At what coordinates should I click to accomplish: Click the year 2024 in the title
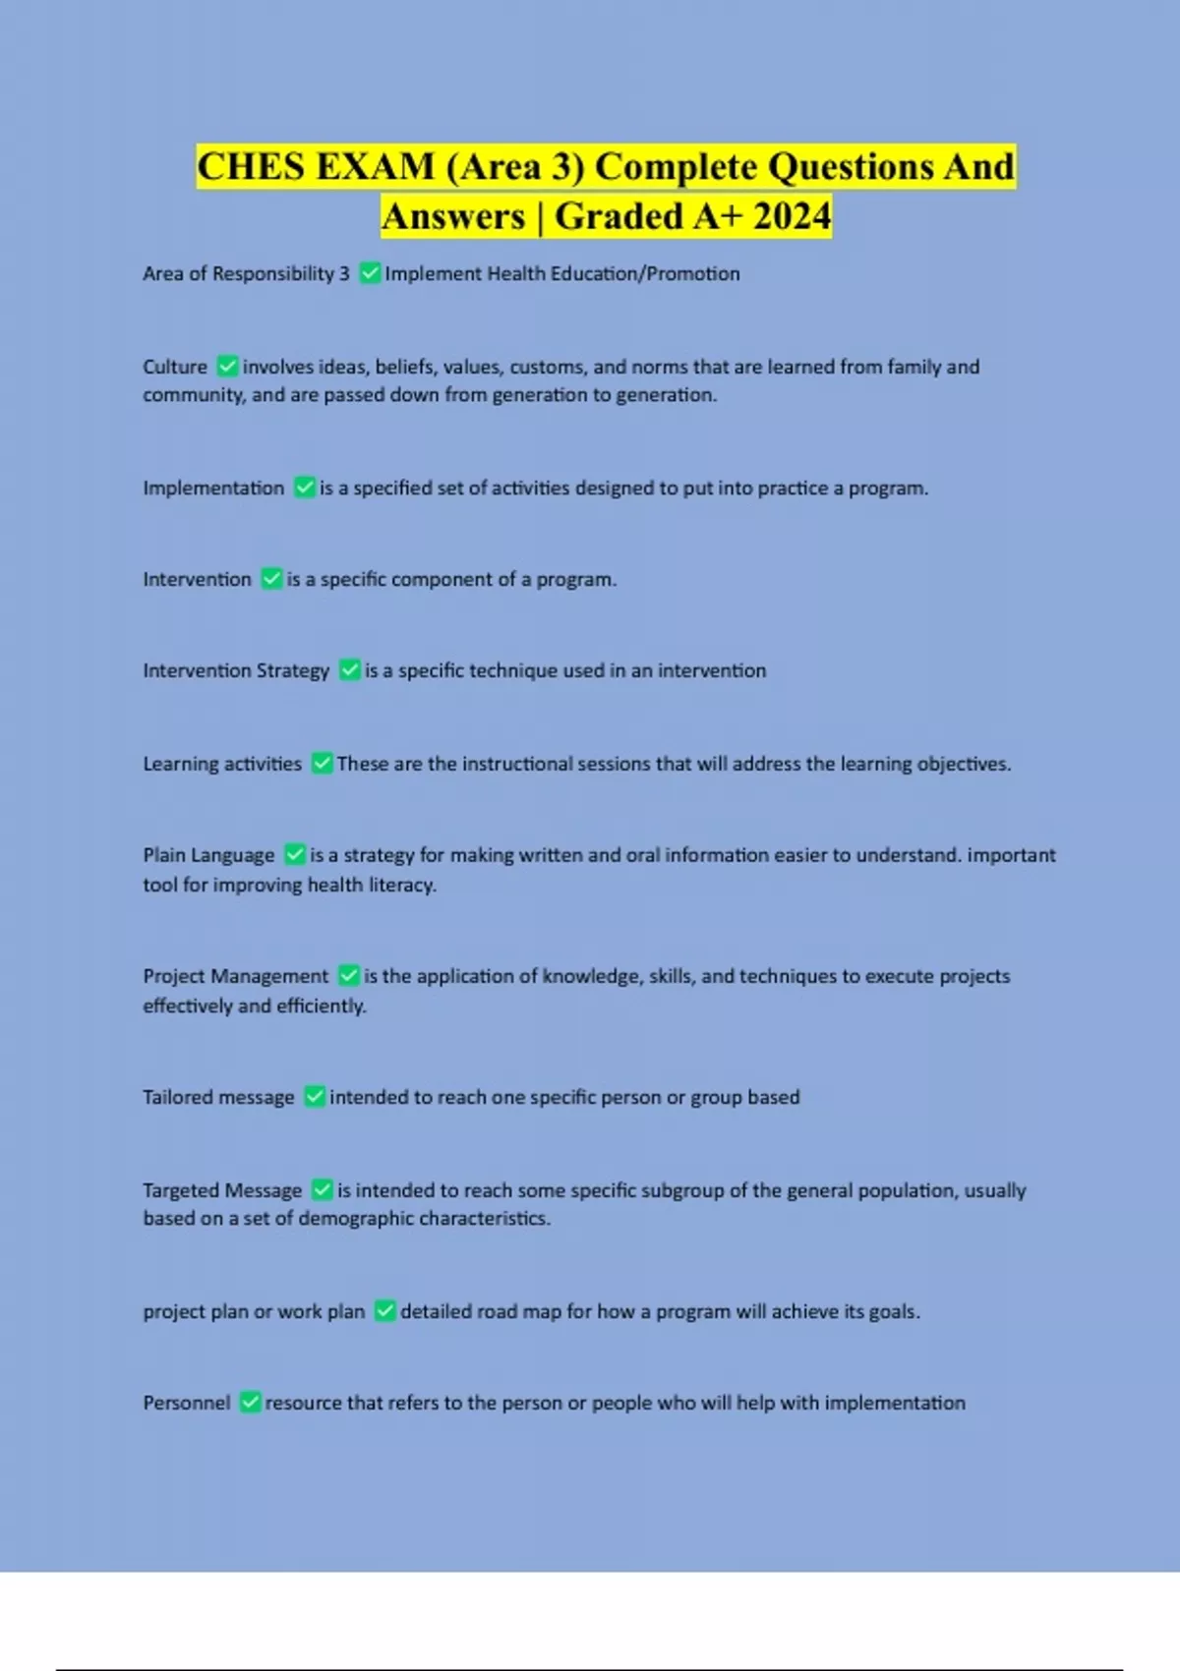click(792, 216)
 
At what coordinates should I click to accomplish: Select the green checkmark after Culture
click(227, 367)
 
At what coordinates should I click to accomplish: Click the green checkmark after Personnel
click(251, 1403)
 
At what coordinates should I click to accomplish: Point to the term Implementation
click(213, 488)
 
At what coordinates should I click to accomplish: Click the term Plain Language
click(208, 855)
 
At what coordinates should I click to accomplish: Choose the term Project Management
click(236, 976)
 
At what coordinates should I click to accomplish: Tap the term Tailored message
click(218, 1097)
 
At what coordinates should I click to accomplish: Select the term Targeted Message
click(222, 1190)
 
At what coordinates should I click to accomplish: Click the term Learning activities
click(222, 764)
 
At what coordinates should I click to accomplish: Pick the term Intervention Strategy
click(236, 670)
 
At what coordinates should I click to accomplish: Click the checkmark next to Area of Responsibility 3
click(370, 273)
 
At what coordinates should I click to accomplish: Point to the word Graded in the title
click(619, 216)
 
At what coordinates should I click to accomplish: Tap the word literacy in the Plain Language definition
click(401, 885)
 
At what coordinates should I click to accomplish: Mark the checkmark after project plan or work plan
click(385, 1311)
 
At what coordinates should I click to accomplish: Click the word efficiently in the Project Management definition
click(321, 1006)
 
